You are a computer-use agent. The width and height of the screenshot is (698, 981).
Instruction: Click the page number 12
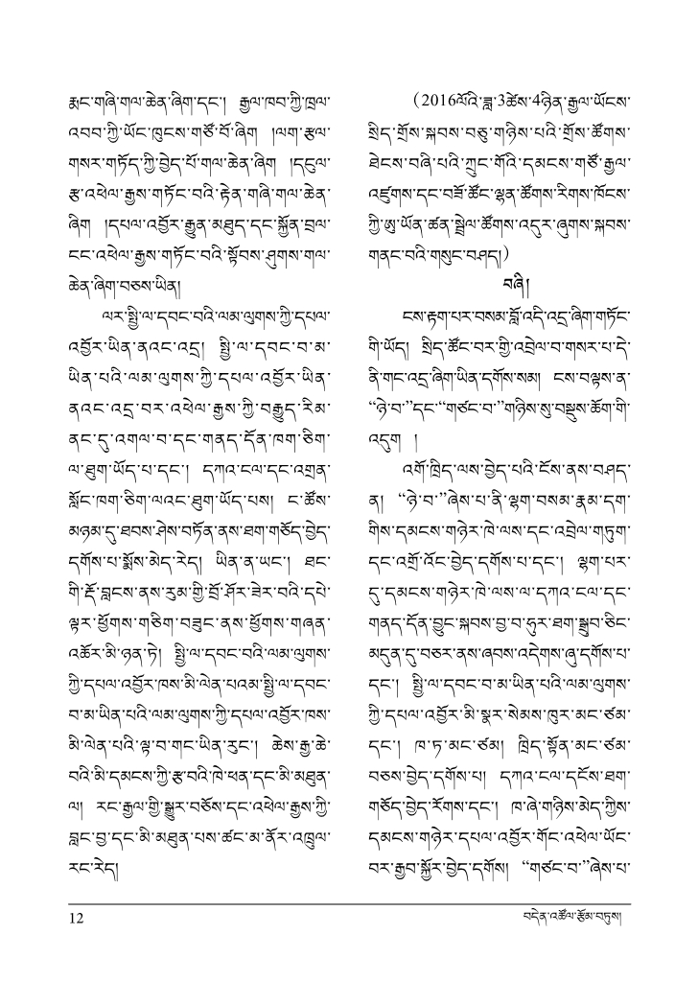coord(77,918)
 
